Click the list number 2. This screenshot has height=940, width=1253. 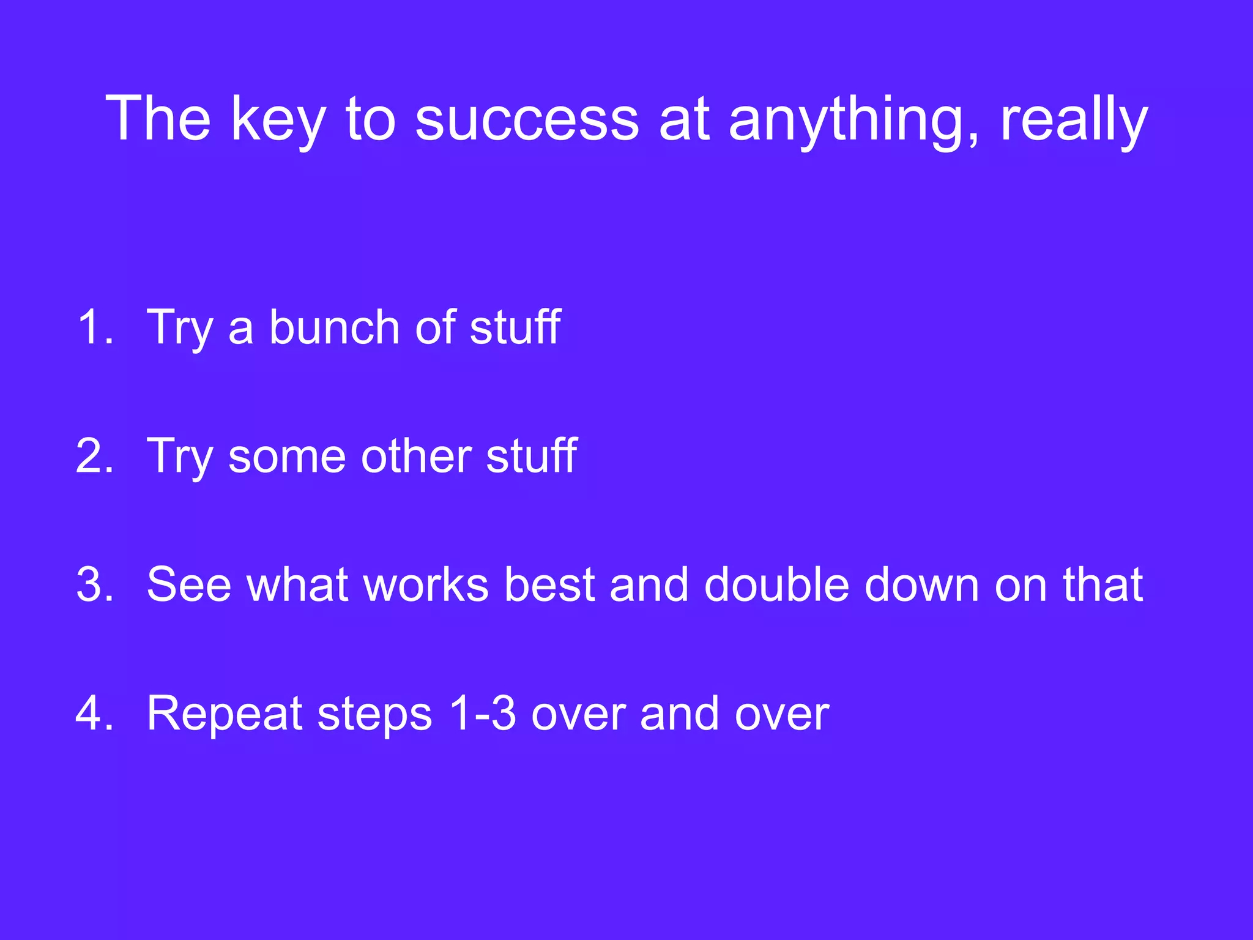[95, 456]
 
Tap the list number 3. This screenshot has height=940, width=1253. [95, 584]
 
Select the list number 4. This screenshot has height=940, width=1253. [95, 714]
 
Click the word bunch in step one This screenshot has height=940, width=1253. [334, 327]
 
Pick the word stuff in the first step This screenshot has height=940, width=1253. [515, 327]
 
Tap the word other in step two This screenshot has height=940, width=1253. [415, 456]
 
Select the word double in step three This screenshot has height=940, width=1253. [776, 584]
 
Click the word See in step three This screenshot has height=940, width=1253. [189, 584]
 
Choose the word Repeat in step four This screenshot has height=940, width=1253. [225, 714]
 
